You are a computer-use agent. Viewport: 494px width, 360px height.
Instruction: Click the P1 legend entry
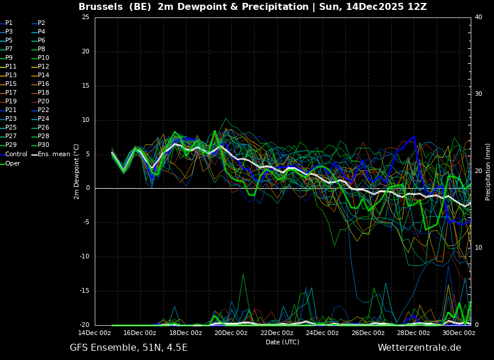point(9,23)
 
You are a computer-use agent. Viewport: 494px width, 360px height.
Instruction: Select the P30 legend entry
point(44,145)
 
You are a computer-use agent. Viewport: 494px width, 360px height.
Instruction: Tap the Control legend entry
point(16,154)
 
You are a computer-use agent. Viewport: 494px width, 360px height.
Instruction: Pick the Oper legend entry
point(12,164)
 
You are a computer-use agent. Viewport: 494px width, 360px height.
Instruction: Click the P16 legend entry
point(44,84)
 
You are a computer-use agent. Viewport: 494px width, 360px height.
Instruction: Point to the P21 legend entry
point(10,110)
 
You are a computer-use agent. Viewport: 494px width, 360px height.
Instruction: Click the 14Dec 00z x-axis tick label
point(95,333)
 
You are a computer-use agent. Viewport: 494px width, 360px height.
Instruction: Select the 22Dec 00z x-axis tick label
point(277,333)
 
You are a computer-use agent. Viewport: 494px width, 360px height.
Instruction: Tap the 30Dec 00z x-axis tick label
point(459,333)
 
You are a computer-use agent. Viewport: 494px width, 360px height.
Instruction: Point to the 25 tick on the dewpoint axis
point(85,17)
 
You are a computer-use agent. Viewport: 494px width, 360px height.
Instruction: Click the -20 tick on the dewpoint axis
point(84,325)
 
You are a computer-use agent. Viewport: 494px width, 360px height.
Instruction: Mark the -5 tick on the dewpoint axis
point(86,222)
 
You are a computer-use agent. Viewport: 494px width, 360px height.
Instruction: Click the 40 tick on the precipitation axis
point(478,17)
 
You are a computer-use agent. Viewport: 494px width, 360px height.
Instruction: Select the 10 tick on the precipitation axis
point(478,248)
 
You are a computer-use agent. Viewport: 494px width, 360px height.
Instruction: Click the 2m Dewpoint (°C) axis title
point(77,171)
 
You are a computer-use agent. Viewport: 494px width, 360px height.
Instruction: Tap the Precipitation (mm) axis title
point(488,171)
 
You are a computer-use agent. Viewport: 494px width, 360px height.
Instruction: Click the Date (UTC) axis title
point(282,343)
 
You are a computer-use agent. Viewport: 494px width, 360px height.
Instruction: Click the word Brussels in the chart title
point(99,7)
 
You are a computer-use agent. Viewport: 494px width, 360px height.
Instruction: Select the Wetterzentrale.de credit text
point(419,348)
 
